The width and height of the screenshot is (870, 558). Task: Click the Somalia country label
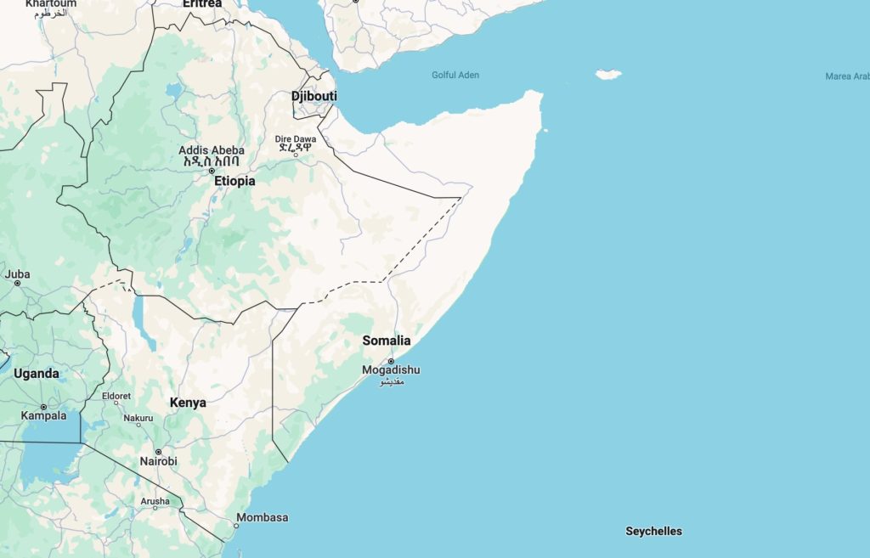[387, 341]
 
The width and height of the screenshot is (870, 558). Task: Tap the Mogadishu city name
[391, 370]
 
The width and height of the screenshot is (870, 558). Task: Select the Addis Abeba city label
[212, 150]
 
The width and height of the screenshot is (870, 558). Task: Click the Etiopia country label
[234, 181]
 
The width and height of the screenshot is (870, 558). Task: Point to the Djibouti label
[314, 96]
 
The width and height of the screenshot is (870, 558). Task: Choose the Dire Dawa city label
[295, 138]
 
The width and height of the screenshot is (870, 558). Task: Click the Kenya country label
[188, 403]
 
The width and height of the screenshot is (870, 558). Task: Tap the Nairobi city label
[159, 461]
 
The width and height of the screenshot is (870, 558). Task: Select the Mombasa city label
[263, 517]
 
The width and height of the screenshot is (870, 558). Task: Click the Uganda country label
[36, 374]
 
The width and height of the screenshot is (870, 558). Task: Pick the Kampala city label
[43, 415]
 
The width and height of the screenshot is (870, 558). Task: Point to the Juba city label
[17, 273]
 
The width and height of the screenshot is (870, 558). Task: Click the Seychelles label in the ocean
[653, 531]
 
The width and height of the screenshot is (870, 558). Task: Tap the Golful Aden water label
[455, 75]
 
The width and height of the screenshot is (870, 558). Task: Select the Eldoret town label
[116, 397]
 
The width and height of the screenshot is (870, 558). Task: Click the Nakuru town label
[138, 418]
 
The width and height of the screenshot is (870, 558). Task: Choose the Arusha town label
[155, 502]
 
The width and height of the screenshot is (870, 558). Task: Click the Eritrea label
[202, 4]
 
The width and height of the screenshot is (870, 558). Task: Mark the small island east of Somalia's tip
[608, 75]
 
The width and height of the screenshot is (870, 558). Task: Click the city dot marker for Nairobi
[158, 452]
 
